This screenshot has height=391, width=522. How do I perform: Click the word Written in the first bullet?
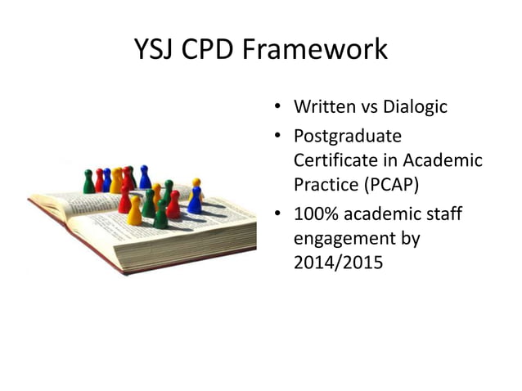[x=323, y=107]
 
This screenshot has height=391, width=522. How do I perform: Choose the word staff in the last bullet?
[x=441, y=215]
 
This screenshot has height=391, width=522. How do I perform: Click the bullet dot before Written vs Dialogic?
[x=278, y=108]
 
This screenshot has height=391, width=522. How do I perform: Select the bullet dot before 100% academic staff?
[x=278, y=216]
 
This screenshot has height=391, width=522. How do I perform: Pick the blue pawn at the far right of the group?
[x=195, y=200]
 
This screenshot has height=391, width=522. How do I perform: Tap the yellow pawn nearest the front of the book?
[x=135, y=212]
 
